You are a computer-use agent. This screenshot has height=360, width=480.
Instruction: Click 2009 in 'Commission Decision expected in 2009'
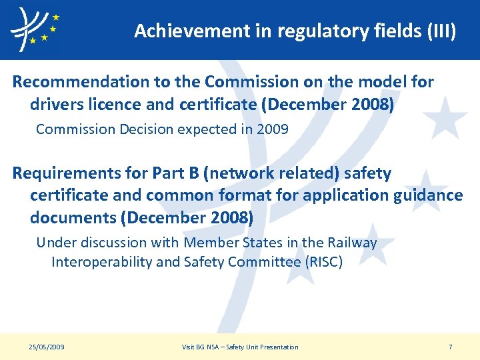(273, 129)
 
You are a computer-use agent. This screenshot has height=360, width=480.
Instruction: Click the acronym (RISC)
(323, 262)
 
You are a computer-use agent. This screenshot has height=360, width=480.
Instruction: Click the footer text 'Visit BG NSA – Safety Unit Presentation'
(240, 347)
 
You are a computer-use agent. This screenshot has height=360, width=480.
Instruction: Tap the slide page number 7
(451, 347)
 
